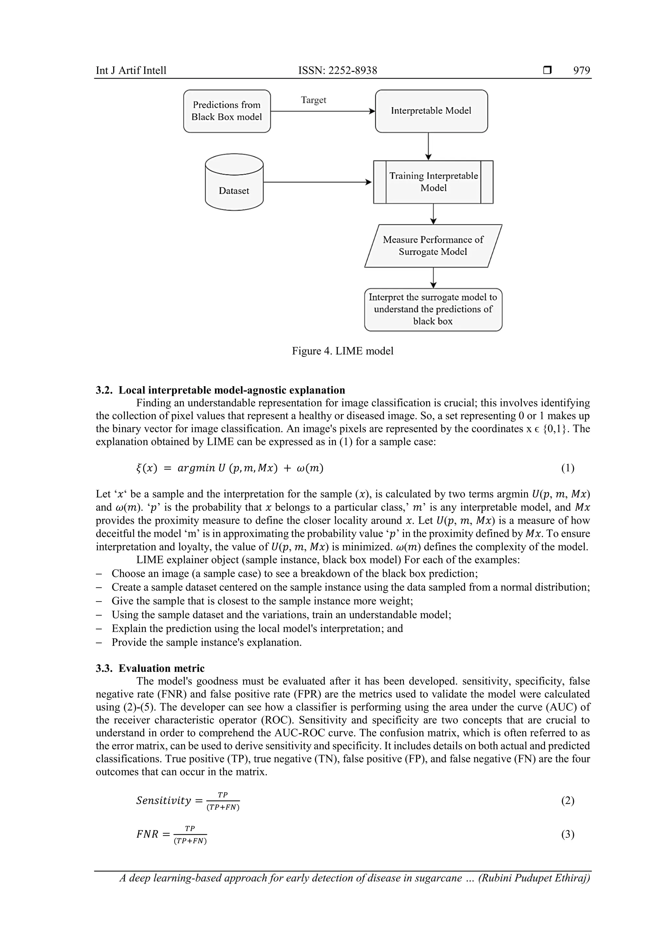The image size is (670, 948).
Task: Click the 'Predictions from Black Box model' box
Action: coord(227,111)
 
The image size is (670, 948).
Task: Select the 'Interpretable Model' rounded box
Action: coord(431,111)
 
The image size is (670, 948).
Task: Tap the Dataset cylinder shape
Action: coord(234,183)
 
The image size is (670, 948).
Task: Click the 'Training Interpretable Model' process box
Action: coord(433,182)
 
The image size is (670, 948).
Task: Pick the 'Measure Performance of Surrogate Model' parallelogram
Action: coord(433,246)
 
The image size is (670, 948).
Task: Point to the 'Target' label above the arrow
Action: coord(313,100)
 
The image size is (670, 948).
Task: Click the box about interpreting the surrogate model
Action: coord(433,309)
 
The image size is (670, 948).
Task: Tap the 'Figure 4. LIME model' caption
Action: coord(342,351)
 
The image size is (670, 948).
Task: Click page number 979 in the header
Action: coord(581,71)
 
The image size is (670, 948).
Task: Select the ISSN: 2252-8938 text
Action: coord(337,71)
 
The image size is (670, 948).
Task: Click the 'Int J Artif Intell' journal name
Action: coord(131,71)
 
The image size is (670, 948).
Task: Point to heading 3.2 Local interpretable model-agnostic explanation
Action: coord(220,390)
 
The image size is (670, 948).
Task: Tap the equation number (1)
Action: coord(567,468)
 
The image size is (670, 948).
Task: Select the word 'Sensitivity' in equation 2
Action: coord(164,801)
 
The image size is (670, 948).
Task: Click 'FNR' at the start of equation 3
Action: coord(147,834)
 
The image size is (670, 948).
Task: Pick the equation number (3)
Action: coord(567,834)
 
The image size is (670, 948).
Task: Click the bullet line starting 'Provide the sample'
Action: coord(206,642)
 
